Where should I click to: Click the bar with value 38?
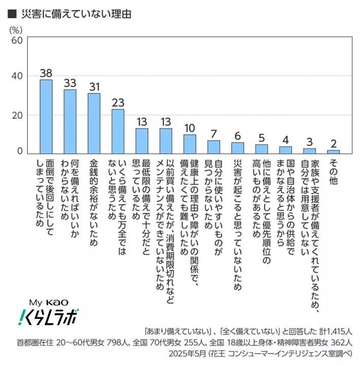[46, 117]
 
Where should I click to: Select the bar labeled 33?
[70, 122]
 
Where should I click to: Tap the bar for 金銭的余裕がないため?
[94, 123]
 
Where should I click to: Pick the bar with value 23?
[118, 131]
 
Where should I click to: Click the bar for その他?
[333, 152]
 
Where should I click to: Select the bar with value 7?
[213, 147]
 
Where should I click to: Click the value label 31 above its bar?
[94, 87]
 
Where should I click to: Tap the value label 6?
[237, 136]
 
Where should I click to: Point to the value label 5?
[261, 138]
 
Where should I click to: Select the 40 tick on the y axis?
[16, 76]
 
